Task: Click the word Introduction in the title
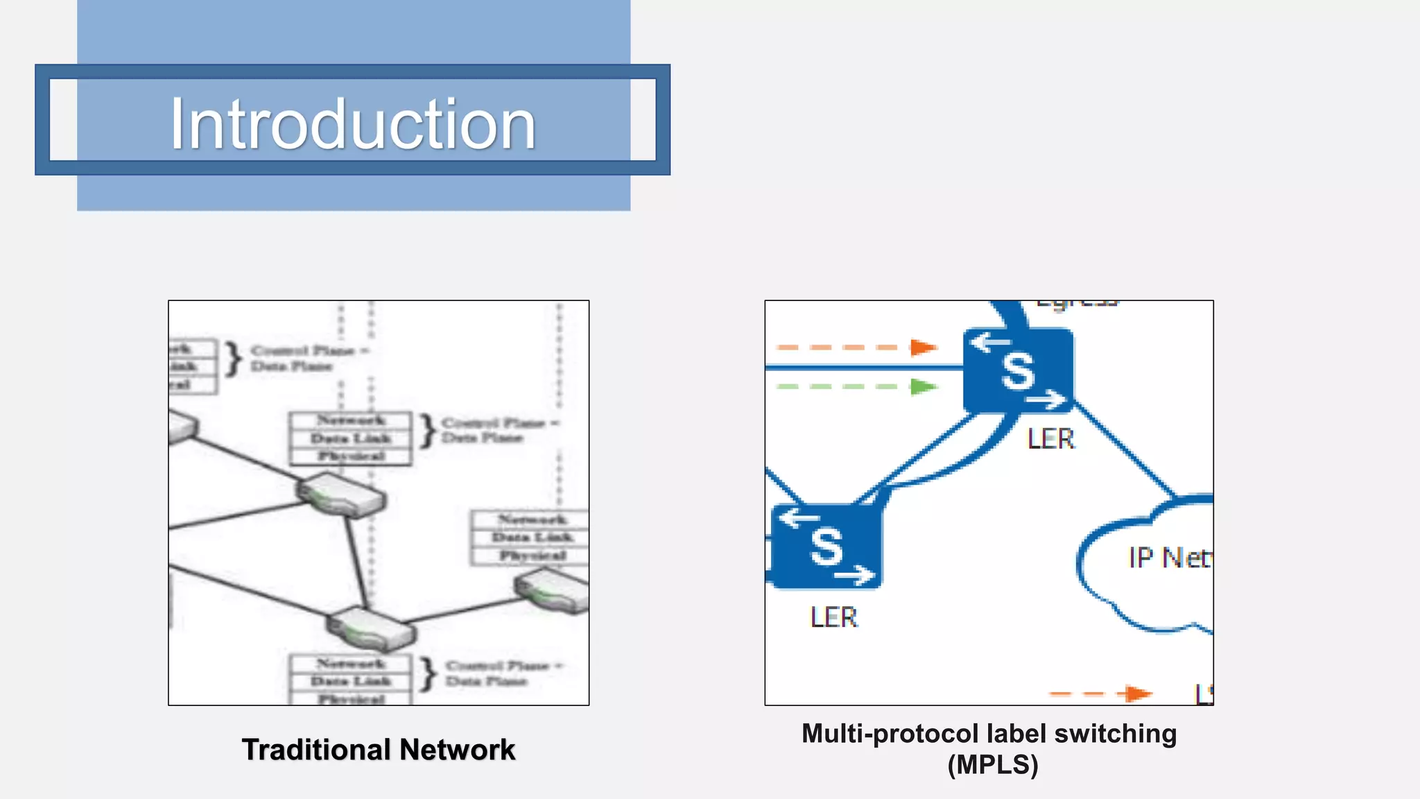coord(353,124)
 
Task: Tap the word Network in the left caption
coord(457,750)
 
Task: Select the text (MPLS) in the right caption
coord(992,764)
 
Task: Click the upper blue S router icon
coord(1018,370)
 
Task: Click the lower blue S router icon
coord(826,547)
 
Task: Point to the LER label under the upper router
coord(1050,438)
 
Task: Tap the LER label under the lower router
coord(833,617)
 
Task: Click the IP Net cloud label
coord(1169,558)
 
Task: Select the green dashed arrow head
coord(923,386)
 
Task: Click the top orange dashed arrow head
coord(923,347)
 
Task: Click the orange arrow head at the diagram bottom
coord(1137,693)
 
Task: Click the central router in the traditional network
coord(341,495)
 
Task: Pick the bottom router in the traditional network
coord(372,628)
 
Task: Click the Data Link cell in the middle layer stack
coord(351,438)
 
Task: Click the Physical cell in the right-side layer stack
coord(532,556)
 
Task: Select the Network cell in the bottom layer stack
coord(351,664)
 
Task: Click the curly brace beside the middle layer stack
coord(428,430)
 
